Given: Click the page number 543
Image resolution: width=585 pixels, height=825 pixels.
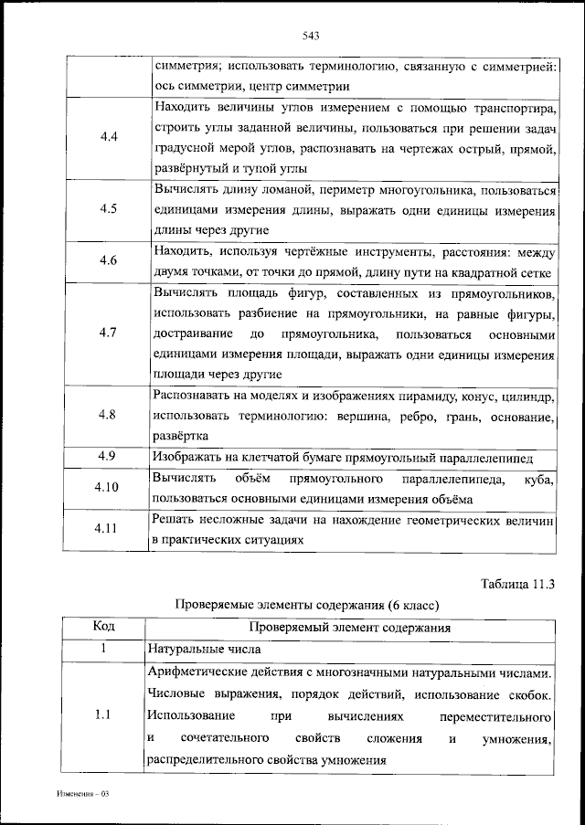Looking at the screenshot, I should [x=308, y=36].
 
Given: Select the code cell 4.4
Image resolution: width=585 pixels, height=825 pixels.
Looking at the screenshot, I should [x=107, y=137].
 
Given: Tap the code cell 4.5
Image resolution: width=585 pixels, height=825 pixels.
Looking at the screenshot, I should [x=107, y=207].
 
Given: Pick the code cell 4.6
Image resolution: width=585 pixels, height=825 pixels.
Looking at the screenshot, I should [x=107, y=260].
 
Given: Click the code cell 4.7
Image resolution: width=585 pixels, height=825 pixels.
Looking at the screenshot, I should [x=107, y=333].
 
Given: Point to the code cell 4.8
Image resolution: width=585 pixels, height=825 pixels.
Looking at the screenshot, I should [x=107, y=415].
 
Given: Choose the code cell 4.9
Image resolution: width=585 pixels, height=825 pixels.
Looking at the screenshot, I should [x=104, y=456].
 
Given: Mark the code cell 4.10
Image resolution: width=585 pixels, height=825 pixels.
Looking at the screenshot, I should [x=107, y=488].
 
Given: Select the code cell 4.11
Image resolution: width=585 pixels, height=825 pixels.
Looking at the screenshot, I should [x=107, y=529].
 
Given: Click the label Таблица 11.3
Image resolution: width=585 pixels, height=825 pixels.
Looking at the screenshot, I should [x=517, y=582].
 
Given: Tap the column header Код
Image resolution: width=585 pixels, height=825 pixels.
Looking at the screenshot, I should [x=104, y=628].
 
